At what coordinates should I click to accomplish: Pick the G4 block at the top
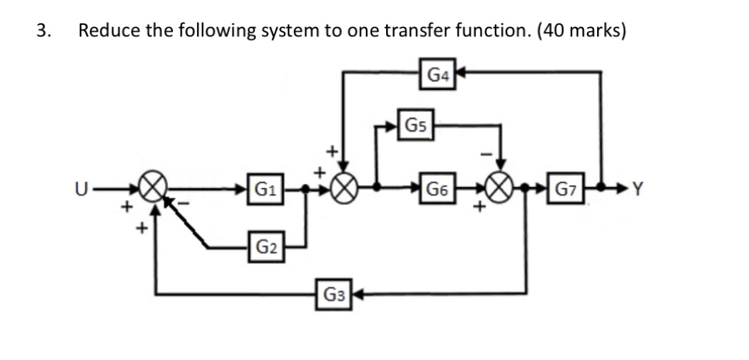pos(437,74)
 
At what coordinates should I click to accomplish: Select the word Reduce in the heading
pos(107,31)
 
